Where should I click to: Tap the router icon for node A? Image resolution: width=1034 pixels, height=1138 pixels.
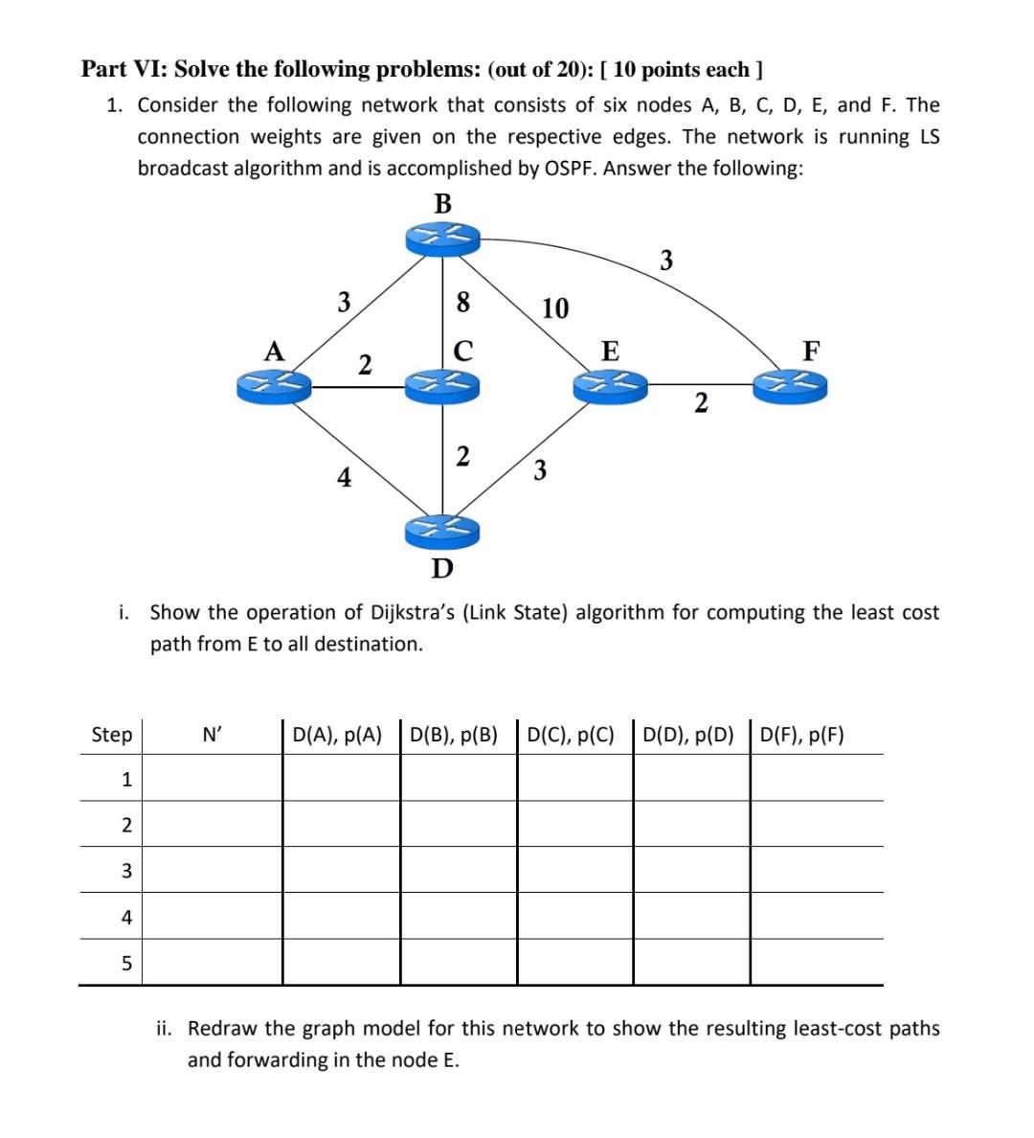274,386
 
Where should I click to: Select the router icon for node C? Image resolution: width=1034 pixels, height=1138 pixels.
442,386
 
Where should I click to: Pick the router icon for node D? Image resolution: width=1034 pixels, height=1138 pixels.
442,528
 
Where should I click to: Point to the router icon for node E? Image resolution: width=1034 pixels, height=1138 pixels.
610,386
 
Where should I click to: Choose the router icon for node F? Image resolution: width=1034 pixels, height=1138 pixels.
790,386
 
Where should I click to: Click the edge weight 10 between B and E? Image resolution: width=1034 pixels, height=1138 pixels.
555,308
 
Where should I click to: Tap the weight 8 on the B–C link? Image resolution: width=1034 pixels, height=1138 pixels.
463,303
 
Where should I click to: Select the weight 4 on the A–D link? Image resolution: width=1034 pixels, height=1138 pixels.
344,476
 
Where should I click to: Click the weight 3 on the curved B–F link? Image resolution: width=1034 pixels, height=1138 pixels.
666,260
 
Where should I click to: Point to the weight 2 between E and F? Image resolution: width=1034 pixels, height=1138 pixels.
701,403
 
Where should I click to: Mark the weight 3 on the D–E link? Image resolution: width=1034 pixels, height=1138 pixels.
540,470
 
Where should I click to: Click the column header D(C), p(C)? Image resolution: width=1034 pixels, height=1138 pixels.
572,736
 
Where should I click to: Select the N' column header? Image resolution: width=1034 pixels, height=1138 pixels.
212,736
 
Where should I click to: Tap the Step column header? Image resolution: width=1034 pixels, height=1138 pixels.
112,736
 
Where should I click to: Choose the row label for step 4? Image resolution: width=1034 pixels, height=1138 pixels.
126,917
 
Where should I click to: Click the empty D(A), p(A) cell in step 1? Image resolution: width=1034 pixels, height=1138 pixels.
342,779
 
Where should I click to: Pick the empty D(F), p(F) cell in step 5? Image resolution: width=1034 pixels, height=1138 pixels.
816,962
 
